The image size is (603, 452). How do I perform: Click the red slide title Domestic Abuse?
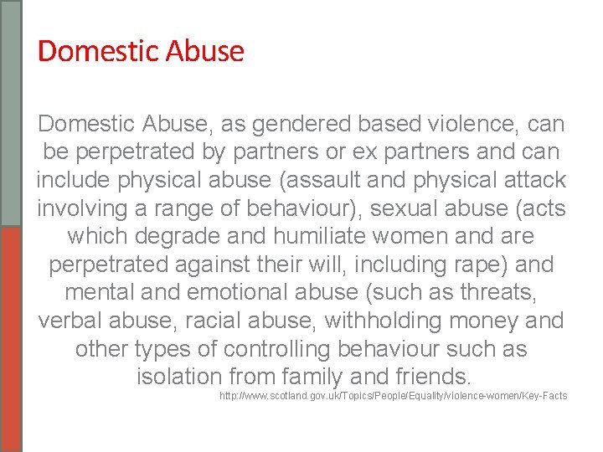point(141,52)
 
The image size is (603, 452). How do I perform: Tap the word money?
point(514,321)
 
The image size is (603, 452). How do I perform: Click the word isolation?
point(182,377)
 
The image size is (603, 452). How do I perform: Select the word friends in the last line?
point(425,377)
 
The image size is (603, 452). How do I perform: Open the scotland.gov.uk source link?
point(393,396)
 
